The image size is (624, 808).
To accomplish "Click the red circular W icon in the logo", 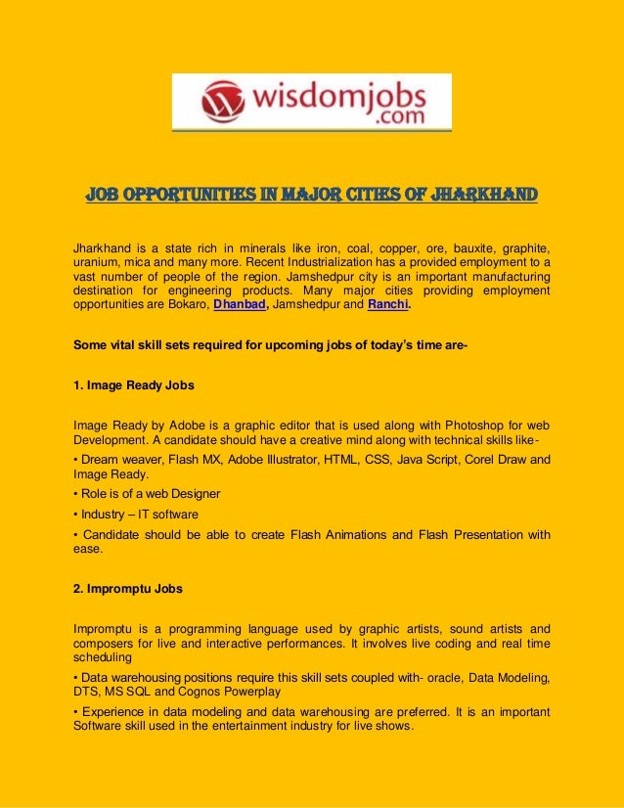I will tap(221, 100).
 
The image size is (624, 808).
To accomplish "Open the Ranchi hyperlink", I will tap(388, 305).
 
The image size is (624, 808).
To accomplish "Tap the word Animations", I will tap(369, 535).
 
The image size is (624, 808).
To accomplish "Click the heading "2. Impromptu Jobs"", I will tap(128, 590).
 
